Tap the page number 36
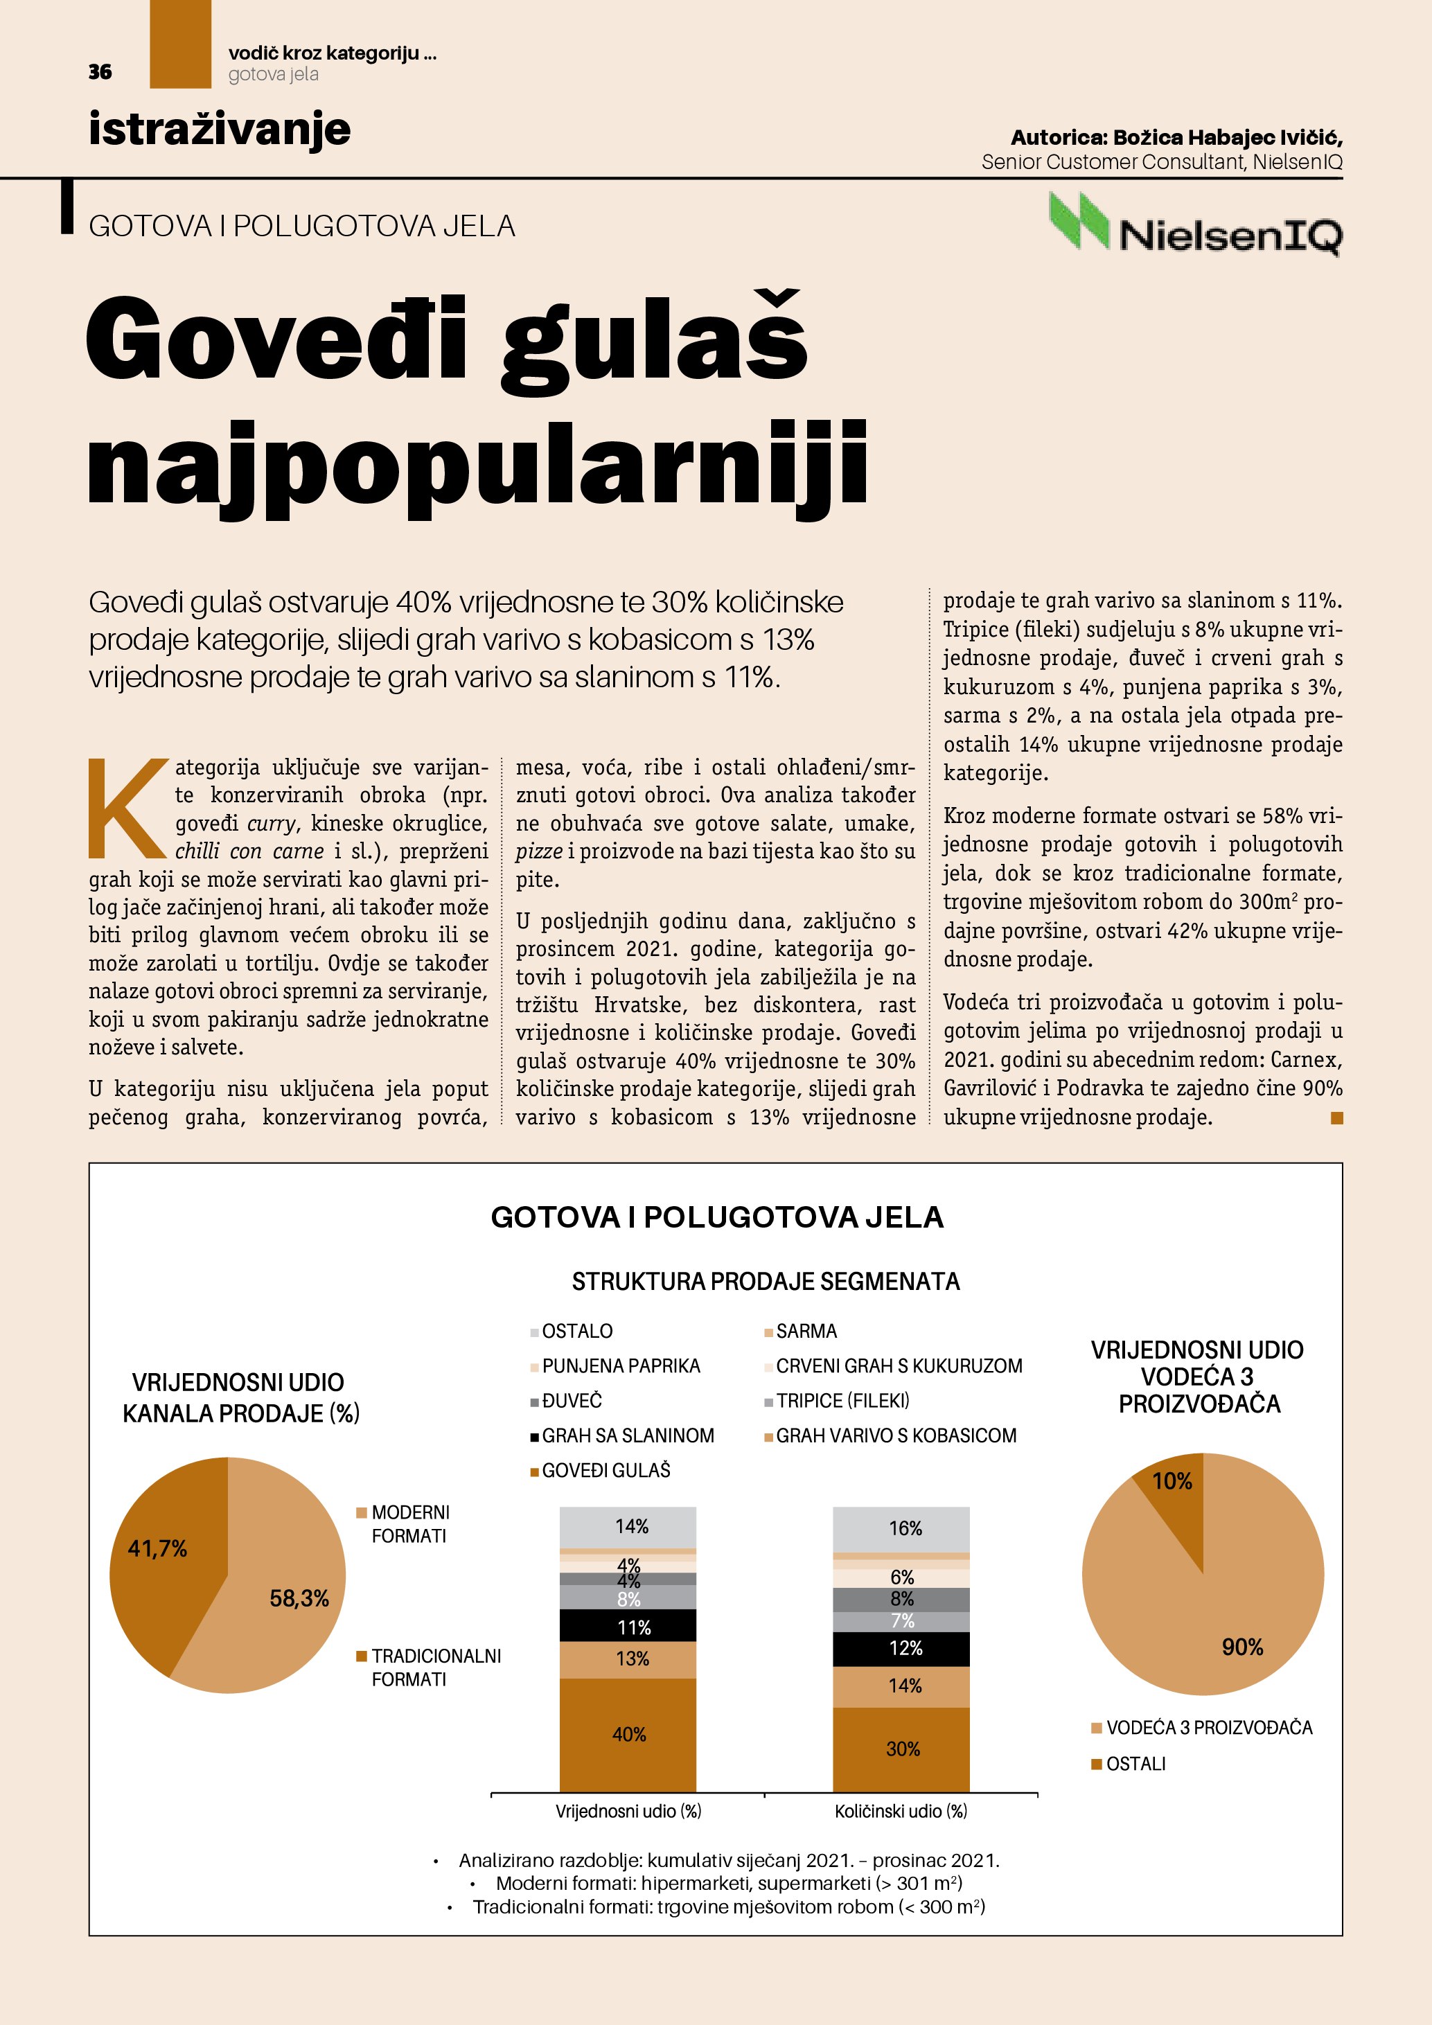coord(100,72)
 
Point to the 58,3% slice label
coord(299,1598)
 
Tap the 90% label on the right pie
coord(1241,1647)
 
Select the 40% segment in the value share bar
coord(628,1734)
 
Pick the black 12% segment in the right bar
coord(902,1648)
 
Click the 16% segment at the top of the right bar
coord(902,1528)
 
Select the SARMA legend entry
coord(805,1331)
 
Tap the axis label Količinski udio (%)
coord(901,1812)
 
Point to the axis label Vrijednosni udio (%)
coord(628,1812)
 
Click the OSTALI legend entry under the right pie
coord(1135,1764)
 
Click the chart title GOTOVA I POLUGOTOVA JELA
coord(716,1217)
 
